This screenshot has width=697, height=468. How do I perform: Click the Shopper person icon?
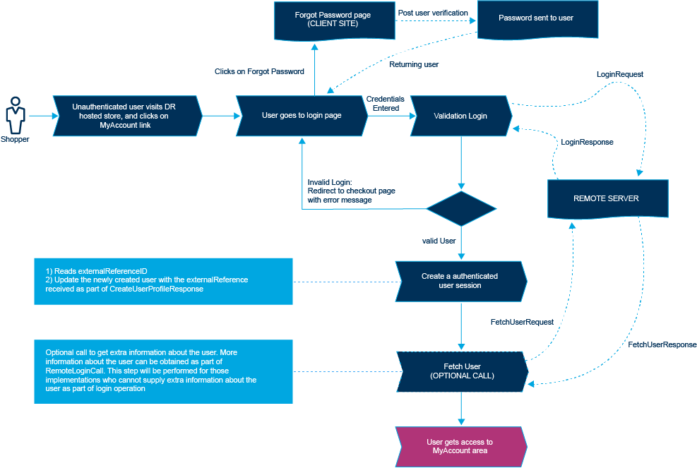[x=15, y=114]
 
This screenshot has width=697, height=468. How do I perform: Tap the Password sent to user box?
[x=536, y=18]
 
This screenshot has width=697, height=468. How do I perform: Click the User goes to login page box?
[x=302, y=115]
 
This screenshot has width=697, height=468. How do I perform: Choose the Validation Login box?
[x=460, y=115]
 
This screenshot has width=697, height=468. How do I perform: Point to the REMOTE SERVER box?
[x=606, y=198]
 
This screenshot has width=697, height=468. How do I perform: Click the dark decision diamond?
[x=461, y=208]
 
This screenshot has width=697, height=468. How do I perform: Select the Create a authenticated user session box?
[x=460, y=281]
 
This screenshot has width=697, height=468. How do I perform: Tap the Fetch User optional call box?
[x=462, y=371]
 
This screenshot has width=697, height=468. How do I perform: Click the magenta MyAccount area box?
[x=460, y=446]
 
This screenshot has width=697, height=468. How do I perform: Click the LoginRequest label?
[x=619, y=74]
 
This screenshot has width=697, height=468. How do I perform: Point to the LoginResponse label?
[x=586, y=142]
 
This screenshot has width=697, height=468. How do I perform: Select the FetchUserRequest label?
[x=521, y=322]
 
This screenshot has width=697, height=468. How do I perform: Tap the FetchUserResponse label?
[x=662, y=344]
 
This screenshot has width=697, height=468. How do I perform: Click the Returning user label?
[x=414, y=64]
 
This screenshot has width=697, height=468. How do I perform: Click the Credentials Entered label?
[x=385, y=103]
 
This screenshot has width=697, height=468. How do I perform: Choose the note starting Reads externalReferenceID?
[x=163, y=280]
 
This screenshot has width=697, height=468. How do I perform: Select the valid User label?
[x=439, y=241]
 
